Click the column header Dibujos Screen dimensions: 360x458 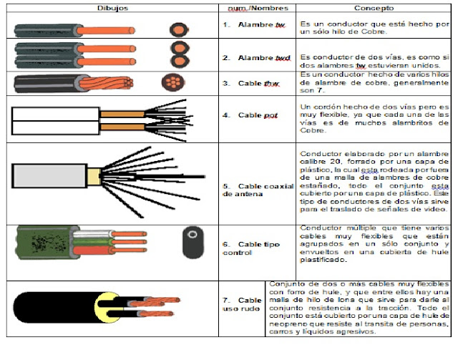(112, 7)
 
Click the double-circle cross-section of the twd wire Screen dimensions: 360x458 (177, 56)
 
